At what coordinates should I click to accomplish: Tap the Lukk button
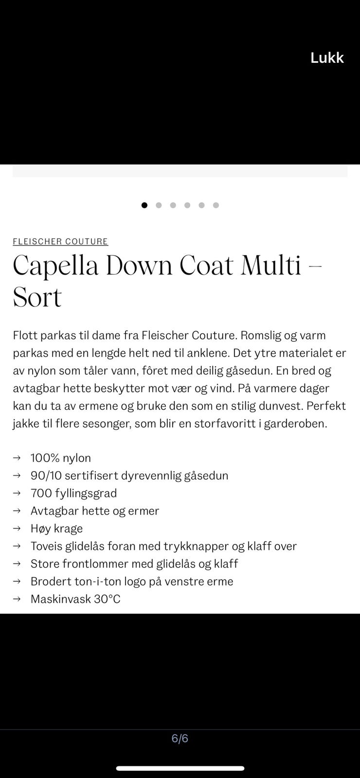point(327,58)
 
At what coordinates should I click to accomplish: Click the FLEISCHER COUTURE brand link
point(60,242)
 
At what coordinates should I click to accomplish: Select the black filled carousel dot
point(144,205)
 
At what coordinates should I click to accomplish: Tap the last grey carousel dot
point(216,205)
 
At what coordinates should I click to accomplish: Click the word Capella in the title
point(55,266)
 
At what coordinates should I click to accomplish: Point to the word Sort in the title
point(37,298)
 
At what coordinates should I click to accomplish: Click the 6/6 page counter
point(180,739)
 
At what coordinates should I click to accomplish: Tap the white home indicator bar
point(180,768)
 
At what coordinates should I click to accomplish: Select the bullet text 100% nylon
point(61,458)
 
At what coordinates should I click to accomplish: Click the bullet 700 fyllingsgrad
point(73,493)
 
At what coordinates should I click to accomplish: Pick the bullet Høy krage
point(56,529)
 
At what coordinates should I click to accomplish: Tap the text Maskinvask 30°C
point(75,599)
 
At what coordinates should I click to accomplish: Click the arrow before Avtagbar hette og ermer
point(17,511)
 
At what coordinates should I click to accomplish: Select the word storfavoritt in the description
point(225,424)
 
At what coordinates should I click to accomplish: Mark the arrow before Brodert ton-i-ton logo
point(17,581)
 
